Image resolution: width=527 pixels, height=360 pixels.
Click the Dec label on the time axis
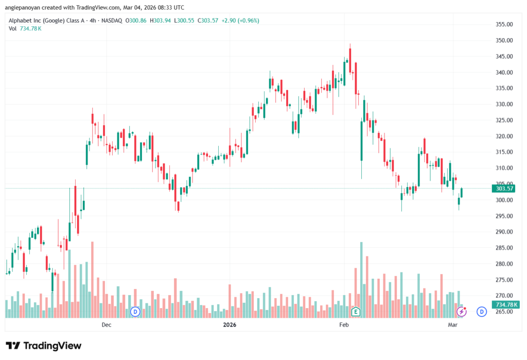tap(107, 325)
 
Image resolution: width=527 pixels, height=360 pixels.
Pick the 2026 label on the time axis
tap(230, 325)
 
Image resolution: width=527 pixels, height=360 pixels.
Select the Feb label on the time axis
tap(344, 325)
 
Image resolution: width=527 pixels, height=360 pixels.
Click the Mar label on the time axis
tap(453, 325)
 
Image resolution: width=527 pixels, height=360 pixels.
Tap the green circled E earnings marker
tap(355, 311)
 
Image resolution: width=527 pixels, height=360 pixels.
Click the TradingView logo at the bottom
tap(43, 346)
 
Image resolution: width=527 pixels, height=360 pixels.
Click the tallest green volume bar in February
tap(361, 278)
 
